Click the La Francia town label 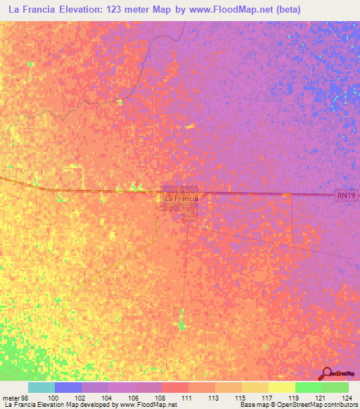(x=181, y=199)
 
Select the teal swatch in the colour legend (x=41, y=387)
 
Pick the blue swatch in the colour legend (x=68, y=387)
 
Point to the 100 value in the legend (x=55, y=397)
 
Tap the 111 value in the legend (x=188, y=397)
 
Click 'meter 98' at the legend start (x=16, y=397)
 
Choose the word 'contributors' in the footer (x=338, y=405)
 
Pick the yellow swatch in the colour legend (x=281, y=387)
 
